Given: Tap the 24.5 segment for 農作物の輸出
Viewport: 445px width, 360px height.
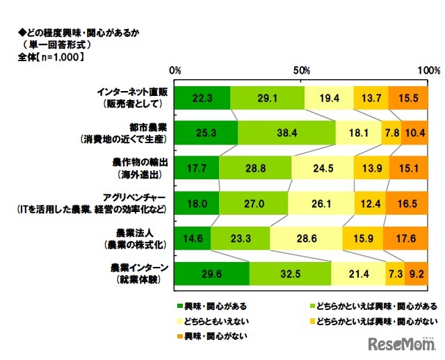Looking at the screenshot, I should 322,167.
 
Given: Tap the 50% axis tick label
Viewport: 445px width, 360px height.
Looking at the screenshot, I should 302,71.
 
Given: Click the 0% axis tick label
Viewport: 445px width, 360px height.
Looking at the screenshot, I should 175,71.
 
